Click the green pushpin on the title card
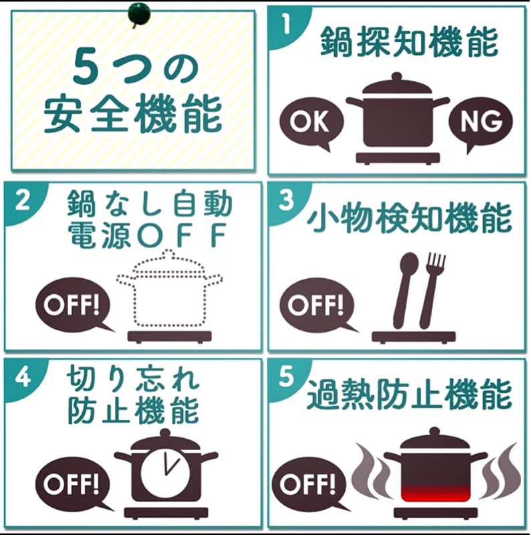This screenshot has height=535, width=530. click(139, 14)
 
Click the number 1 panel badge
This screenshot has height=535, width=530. click(287, 24)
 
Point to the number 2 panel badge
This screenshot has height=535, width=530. click(23, 201)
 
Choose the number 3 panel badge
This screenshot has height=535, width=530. click(286, 199)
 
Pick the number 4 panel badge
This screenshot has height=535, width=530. click(23, 377)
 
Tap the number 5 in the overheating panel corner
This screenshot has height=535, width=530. click(287, 377)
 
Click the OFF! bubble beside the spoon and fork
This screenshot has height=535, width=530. click(316, 305)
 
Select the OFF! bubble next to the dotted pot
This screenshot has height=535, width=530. click(72, 305)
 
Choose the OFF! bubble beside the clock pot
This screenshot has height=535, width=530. click(72, 484)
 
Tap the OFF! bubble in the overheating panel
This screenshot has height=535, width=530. click(309, 484)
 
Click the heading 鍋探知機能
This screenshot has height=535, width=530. click(409, 42)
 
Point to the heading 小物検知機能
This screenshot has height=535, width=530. click(409, 218)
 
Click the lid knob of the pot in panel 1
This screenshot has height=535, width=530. click(396, 76)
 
